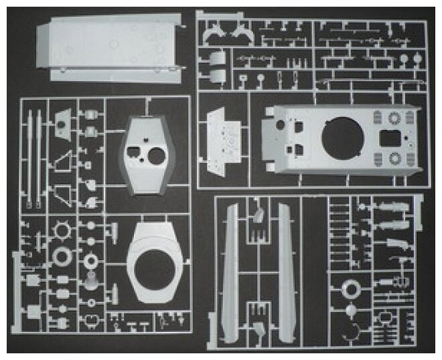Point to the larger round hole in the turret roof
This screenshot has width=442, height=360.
click(158, 157)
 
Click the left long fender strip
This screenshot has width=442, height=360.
click(231, 271)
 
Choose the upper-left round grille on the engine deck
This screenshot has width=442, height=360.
click(393, 119)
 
